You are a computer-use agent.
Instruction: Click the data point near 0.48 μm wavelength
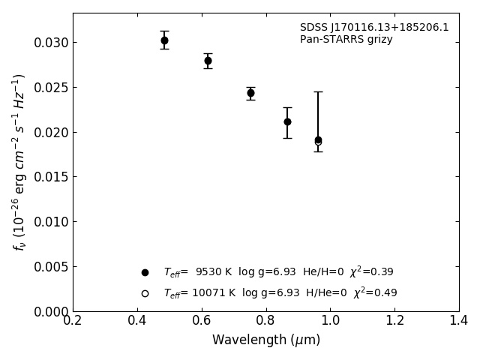tap(164, 40)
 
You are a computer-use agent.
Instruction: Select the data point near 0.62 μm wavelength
tap(208, 61)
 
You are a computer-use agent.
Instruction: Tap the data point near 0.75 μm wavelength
tap(250, 93)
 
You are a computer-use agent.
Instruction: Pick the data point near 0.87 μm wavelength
tap(287, 121)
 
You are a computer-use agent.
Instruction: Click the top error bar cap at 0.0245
tap(318, 91)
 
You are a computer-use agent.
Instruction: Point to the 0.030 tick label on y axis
tap(51, 43)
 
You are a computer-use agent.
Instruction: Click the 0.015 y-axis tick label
tap(51, 177)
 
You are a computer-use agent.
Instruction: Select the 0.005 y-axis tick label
tap(51, 267)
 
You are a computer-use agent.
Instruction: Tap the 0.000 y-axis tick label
tap(51, 312)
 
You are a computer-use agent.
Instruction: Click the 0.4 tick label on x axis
tap(137, 321)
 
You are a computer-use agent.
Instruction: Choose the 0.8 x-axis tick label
tap(266, 321)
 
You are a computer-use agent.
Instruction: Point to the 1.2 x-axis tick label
tap(394, 321)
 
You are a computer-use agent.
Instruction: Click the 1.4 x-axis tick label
tap(459, 321)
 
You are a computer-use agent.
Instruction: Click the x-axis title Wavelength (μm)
tap(266, 340)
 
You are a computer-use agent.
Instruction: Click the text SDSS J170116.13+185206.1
tap(374, 28)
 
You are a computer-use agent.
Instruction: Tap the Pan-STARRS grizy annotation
tap(346, 40)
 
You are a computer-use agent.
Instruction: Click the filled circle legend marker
tap(145, 272)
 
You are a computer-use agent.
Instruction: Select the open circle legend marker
tap(145, 293)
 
